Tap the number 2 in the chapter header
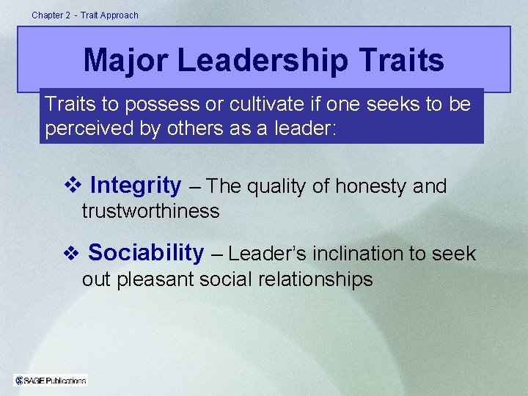click(67, 15)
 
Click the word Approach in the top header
click(120, 15)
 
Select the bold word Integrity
click(136, 186)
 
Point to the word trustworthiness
click(150, 211)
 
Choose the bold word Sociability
click(146, 253)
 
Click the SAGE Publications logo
click(51, 380)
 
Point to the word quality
click(277, 187)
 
